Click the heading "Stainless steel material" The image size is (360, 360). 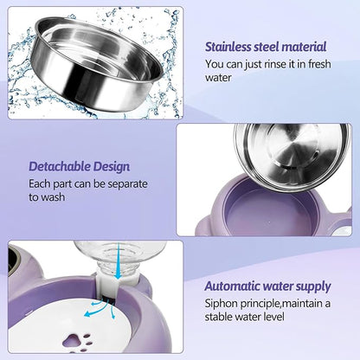(x=266, y=47)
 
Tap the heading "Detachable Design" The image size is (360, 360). (x=80, y=166)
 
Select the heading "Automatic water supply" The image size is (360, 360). (x=267, y=286)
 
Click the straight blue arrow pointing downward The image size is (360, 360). (x=118, y=261)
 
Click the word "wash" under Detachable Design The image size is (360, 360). (x=53, y=197)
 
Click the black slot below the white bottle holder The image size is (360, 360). (x=109, y=301)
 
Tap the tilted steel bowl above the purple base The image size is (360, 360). (x=292, y=157)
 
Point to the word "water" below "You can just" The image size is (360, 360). (x=218, y=78)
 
